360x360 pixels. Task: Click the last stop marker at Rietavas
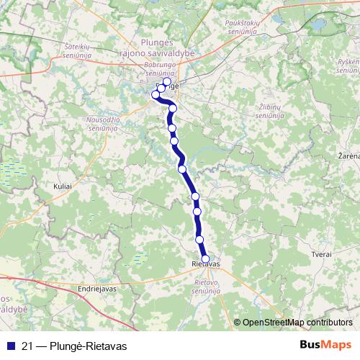click(206, 259)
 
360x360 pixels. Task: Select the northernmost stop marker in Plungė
click(167, 82)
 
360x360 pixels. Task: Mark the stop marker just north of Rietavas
click(200, 240)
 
